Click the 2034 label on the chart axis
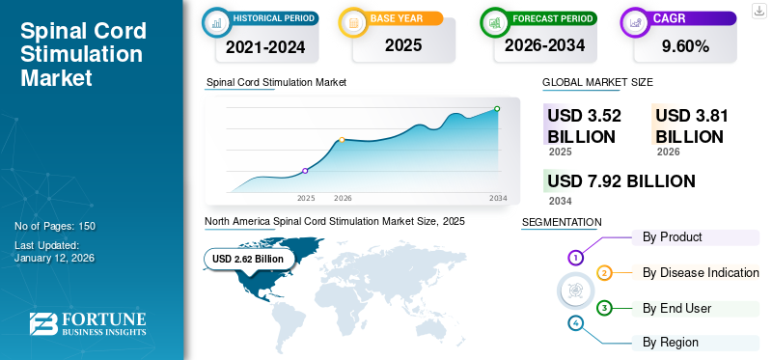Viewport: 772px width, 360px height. point(498,198)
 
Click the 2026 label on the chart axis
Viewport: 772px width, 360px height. point(343,198)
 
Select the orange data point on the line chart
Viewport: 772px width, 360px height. point(342,140)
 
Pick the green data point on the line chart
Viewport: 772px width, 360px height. point(497,109)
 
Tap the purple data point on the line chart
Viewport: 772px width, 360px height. point(306,171)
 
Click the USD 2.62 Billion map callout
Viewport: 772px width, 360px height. point(248,259)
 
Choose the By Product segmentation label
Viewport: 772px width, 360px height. point(673,236)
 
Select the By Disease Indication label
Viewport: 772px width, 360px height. point(701,272)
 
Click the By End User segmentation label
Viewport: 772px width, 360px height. point(677,308)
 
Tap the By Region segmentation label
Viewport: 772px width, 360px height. point(671,342)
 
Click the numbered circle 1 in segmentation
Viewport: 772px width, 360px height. point(576,258)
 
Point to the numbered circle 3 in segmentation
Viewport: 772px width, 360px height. point(604,308)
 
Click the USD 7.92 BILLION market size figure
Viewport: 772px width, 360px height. point(621,181)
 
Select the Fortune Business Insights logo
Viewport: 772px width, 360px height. point(87,325)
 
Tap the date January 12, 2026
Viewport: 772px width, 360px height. point(54,258)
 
